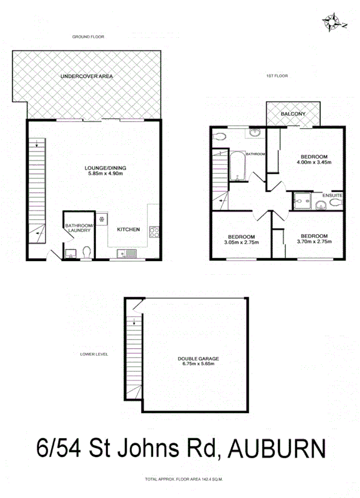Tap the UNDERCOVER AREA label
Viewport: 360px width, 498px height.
pyautogui.click(x=88, y=76)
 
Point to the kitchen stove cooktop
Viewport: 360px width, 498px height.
pyautogui.click(x=154, y=232)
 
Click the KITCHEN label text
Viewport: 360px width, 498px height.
pyautogui.click(x=128, y=229)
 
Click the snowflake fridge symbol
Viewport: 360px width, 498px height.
pyautogui.click(x=101, y=219)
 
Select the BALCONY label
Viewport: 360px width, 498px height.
pyautogui.click(x=292, y=114)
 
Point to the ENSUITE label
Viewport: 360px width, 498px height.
pyautogui.click(x=332, y=196)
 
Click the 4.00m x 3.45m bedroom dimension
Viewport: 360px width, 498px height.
pyautogui.click(x=314, y=162)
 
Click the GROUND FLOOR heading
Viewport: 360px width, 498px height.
pyautogui.click(x=88, y=37)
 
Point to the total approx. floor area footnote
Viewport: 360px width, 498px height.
pyautogui.click(x=183, y=478)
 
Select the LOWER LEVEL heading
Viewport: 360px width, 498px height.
pyautogui.click(x=94, y=354)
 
